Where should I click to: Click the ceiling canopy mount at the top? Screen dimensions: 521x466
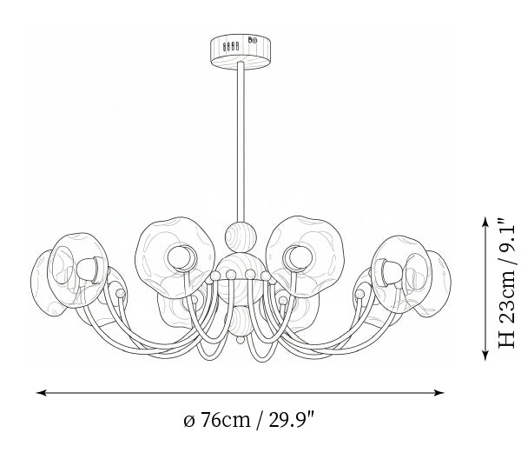pos(241,52)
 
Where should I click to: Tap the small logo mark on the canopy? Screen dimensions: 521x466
pos(253,40)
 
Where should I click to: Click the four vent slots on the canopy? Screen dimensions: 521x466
pos(231,47)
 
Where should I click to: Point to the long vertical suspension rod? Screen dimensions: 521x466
pos(241,142)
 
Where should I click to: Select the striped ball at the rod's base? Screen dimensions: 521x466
pos(241,236)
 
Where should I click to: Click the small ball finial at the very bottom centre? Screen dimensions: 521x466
pos(241,340)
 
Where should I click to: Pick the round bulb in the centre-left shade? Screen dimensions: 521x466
pos(180,257)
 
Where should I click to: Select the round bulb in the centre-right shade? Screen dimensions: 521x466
pos(300,256)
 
